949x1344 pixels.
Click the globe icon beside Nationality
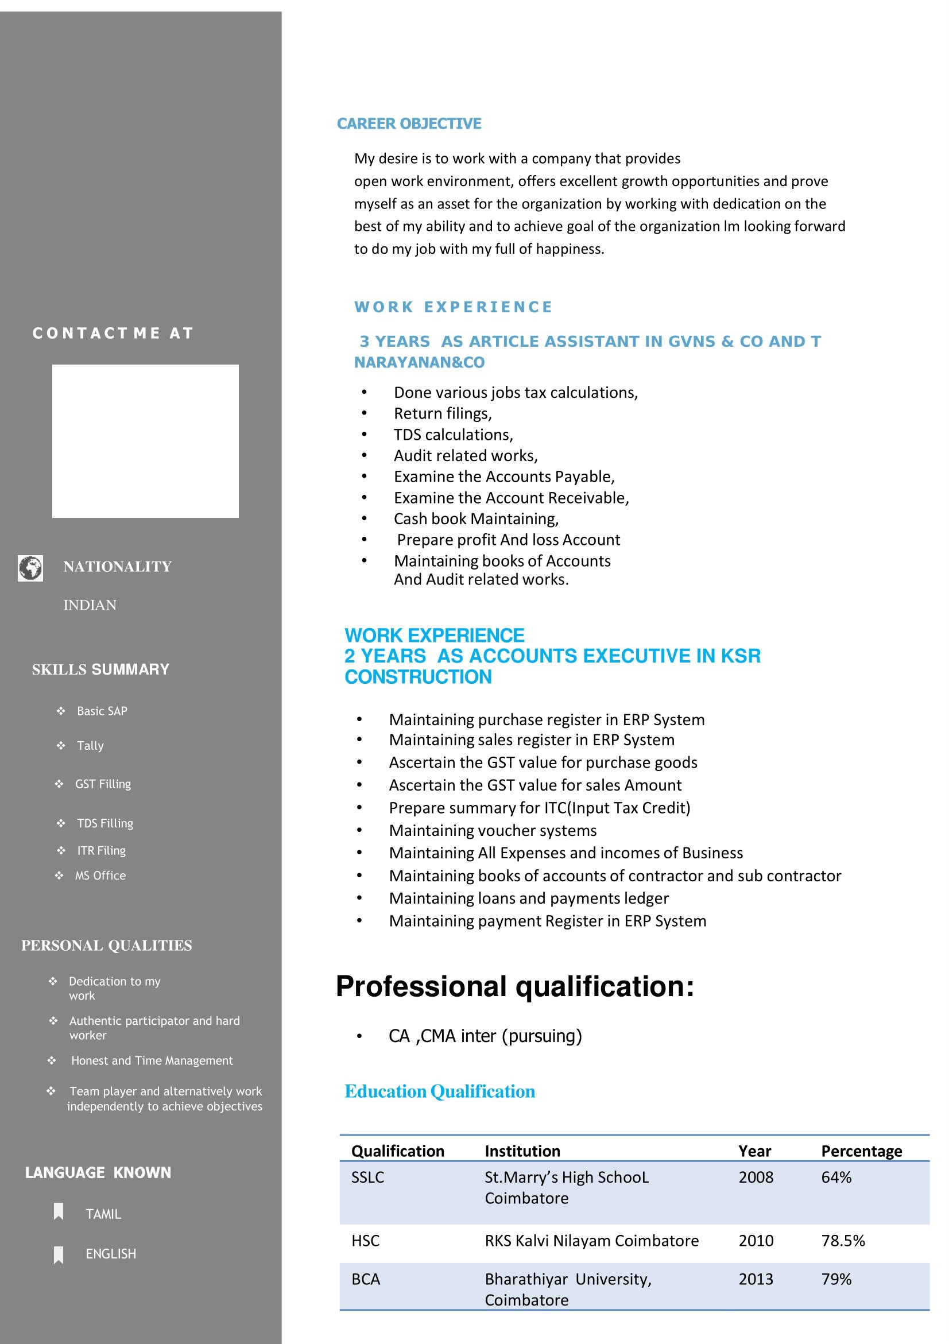30,568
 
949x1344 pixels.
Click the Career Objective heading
409,123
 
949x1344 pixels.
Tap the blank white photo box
145,441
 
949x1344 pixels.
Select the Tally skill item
90,746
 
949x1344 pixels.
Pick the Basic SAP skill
102,711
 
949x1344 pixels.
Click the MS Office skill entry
100,876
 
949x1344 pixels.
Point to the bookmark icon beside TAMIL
59,1212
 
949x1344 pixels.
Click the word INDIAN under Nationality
90,605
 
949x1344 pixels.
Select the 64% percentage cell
836,1177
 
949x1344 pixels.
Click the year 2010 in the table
755,1241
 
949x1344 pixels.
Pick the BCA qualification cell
366,1279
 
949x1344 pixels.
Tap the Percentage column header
861,1151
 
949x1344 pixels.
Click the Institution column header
522,1151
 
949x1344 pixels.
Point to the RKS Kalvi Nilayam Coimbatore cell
591,1241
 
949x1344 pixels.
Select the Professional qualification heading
514,986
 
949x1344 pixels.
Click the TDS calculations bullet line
453,435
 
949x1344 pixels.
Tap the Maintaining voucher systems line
493,830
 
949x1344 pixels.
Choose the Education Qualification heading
439,1091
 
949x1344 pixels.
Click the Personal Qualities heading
107,946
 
